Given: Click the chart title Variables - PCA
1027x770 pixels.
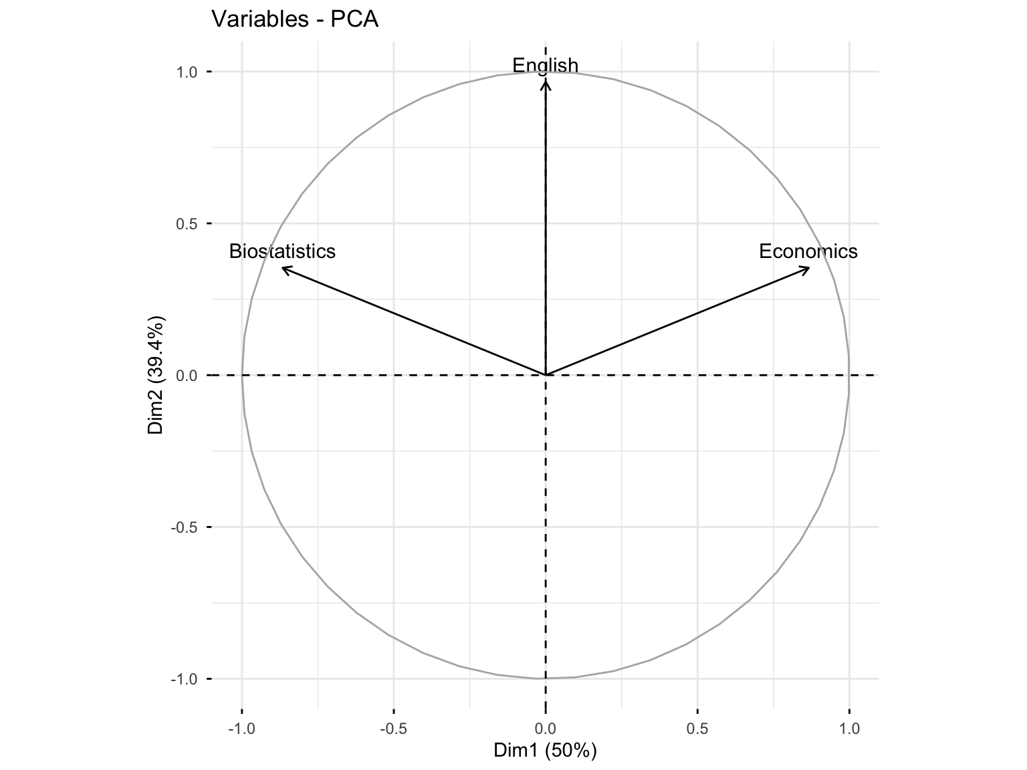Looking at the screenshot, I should pyautogui.click(x=295, y=19).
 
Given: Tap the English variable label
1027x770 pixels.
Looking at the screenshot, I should pyautogui.click(x=545, y=66).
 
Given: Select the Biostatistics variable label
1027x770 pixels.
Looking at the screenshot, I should pyautogui.click(x=282, y=251).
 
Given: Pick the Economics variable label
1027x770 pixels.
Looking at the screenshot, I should pyautogui.click(x=808, y=251).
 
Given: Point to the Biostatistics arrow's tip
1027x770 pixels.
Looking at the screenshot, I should pyautogui.click(x=283, y=268).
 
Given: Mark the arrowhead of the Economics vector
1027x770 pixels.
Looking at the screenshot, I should pyautogui.click(x=808, y=268).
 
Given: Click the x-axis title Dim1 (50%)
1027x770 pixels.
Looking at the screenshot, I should pyautogui.click(x=545, y=751).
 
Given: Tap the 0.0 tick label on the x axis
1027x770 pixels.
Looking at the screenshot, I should pyautogui.click(x=546, y=728).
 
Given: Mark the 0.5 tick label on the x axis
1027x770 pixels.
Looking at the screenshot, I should pyautogui.click(x=697, y=728).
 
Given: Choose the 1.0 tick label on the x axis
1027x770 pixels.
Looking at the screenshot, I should pyautogui.click(x=849, y=728).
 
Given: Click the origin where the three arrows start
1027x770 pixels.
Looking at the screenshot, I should pyautogui.click(x=546, y=375).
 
